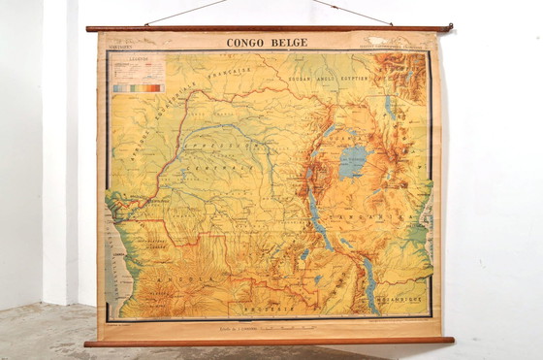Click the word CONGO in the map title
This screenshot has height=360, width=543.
245,43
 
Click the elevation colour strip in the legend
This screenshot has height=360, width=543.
138,87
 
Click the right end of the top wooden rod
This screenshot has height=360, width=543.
447,27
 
